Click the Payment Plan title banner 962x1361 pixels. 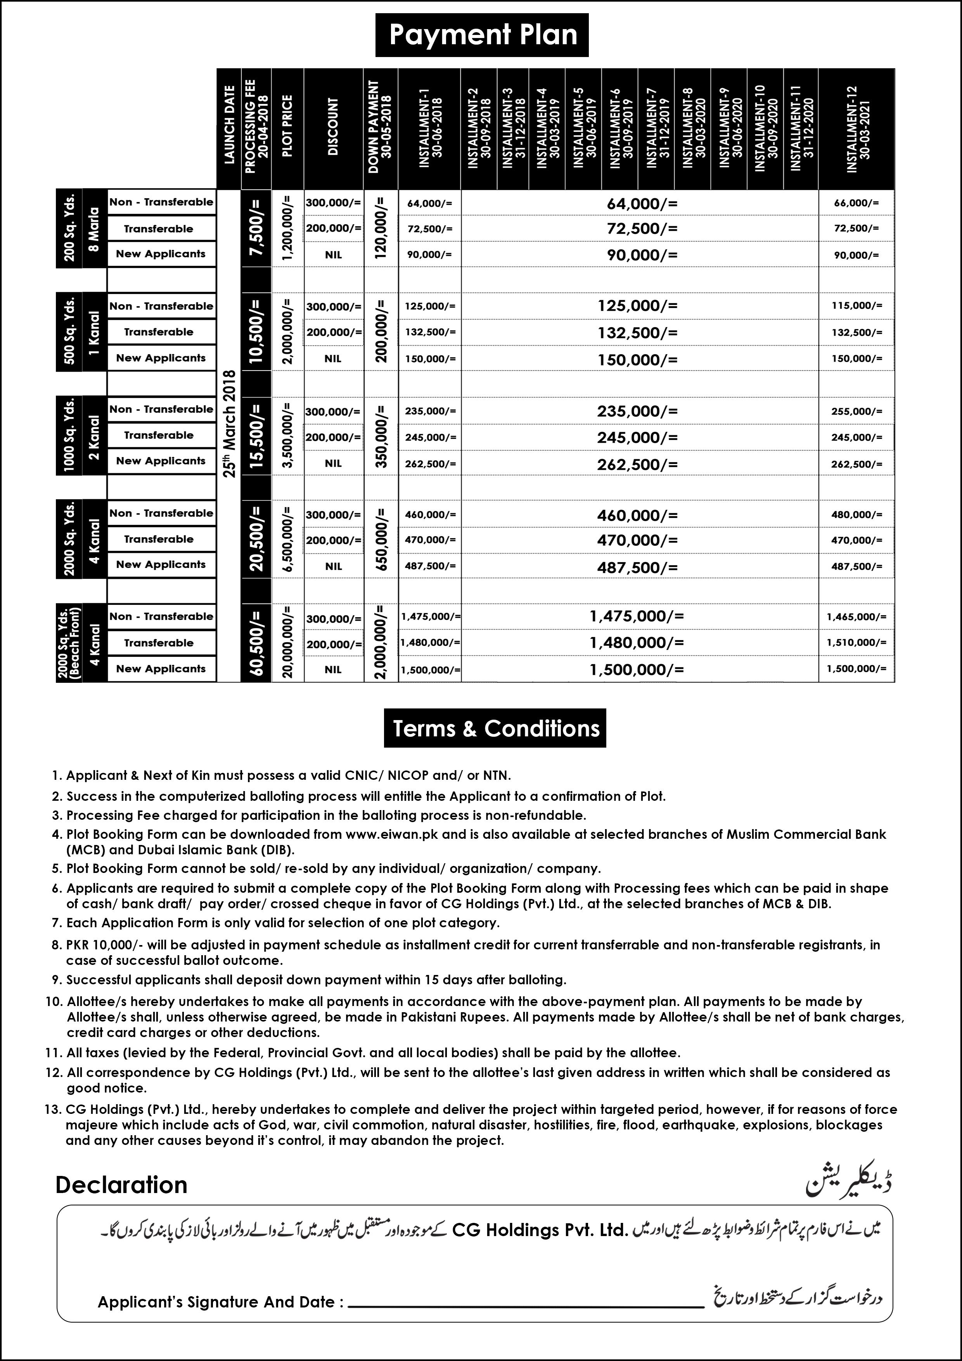482,35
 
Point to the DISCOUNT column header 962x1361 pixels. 333,127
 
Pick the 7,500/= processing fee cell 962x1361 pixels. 256,228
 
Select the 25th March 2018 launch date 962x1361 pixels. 229,423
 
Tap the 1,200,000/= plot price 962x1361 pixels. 287,228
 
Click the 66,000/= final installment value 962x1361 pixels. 856,203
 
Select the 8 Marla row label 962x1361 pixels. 94,229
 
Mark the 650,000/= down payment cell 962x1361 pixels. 381,539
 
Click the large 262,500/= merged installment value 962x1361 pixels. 637,464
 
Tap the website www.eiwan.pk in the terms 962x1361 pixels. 392,835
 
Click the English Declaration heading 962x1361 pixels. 121,1185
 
